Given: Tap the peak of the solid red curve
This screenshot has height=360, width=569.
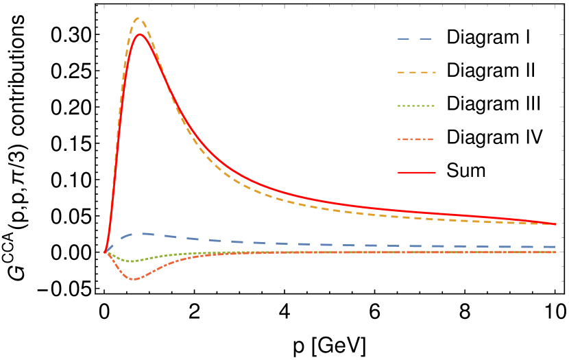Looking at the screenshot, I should [x=140, y=34].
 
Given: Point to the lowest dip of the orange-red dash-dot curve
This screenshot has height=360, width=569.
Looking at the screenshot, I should [x=134, y=279].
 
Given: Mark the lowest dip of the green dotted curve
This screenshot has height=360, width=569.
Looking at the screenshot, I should [x=134, y=261].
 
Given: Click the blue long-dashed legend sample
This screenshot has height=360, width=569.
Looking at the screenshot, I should [x=415, y=39].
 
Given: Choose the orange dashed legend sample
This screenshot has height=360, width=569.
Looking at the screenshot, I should [x=416, y=72].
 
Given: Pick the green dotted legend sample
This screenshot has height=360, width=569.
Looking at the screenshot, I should [x=416, y=106].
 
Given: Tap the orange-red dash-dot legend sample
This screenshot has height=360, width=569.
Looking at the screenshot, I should [x=416, y=140].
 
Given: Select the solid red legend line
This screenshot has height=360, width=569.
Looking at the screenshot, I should [x=416, y=173].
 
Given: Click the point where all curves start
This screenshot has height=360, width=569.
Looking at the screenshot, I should [x=105, y=252].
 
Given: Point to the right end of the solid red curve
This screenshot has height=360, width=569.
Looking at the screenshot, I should [x=556, y=224].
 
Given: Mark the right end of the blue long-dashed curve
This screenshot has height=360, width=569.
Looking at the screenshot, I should [x=555, y=247].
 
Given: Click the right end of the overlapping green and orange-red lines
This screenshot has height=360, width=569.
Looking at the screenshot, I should [x=555, y=252].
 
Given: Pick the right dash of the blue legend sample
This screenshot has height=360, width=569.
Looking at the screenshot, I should [x=426, y=39].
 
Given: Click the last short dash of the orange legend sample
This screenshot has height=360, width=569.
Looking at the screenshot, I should [x=432, y=72].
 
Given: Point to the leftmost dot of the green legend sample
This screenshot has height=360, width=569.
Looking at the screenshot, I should [x=399, y=106].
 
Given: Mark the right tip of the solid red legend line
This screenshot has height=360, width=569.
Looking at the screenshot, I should [x=435, y=173].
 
